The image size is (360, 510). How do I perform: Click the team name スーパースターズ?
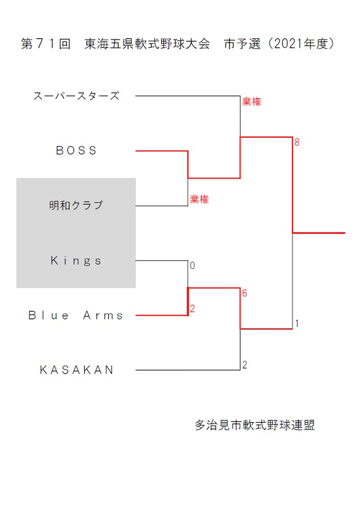[x=76, y=96]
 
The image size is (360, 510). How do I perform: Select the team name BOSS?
[x=76, y=150]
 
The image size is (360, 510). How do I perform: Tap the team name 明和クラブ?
[x=76, y=205]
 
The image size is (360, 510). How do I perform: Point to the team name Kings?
[x=76, y=261]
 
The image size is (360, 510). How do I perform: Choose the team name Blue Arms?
[x=76, y=315]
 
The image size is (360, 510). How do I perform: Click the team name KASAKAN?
[x=76, y=370]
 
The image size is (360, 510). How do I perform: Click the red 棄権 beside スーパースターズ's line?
[x=252, y=102]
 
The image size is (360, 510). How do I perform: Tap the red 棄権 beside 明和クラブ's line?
[x=199, y=199]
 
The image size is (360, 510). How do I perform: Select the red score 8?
[x=297, y=142]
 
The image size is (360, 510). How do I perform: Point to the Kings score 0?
[x=192, y=265]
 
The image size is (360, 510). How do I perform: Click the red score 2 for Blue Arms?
[x=192, y=309]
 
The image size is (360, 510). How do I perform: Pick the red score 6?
[x=245, y=293]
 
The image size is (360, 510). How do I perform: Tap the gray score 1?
[x=297, y=323]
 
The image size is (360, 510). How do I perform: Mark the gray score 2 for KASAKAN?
[x=245, y=365]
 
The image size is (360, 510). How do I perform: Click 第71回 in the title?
[x=46, y=43]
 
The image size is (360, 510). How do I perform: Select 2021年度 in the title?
[x=300, y=43]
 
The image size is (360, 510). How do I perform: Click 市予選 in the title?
[x=242, y=43]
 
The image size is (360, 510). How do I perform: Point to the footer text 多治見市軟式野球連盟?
[x=255, y=425]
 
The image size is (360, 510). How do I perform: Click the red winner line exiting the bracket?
[x=319, y=233]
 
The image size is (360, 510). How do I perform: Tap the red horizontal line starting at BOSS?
[x=162, y=151]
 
